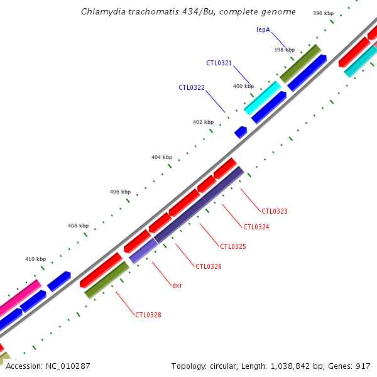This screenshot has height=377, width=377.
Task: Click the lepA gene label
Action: point(263,30)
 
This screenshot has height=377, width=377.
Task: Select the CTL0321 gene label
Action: point(219,63)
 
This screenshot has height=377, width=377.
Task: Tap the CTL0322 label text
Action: point(192,87)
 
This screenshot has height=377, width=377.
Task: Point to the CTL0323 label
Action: point(275,211)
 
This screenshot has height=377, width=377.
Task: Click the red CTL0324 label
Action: point(256,227)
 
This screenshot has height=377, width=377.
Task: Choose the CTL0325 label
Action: point(233,246)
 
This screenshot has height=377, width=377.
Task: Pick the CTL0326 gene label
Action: point(209,266)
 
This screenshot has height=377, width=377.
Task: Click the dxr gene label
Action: point(177,285)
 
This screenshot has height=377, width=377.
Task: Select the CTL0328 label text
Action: point(148,315)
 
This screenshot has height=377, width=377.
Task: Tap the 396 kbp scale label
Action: point(323,13)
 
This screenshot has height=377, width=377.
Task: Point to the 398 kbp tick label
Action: point(284,50)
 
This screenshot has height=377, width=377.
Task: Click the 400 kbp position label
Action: point(243,86)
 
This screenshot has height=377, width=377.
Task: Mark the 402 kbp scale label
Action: point(203,122)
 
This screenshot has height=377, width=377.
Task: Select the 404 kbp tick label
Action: point(161,157)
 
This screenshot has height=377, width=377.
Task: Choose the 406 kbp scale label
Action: point(120,192)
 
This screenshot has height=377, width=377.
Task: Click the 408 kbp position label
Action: point(78,226)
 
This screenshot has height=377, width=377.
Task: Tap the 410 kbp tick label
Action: point(35,259)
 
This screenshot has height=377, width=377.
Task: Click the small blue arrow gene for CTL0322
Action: point(241,132)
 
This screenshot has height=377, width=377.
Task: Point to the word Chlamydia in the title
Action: point(101,12)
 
